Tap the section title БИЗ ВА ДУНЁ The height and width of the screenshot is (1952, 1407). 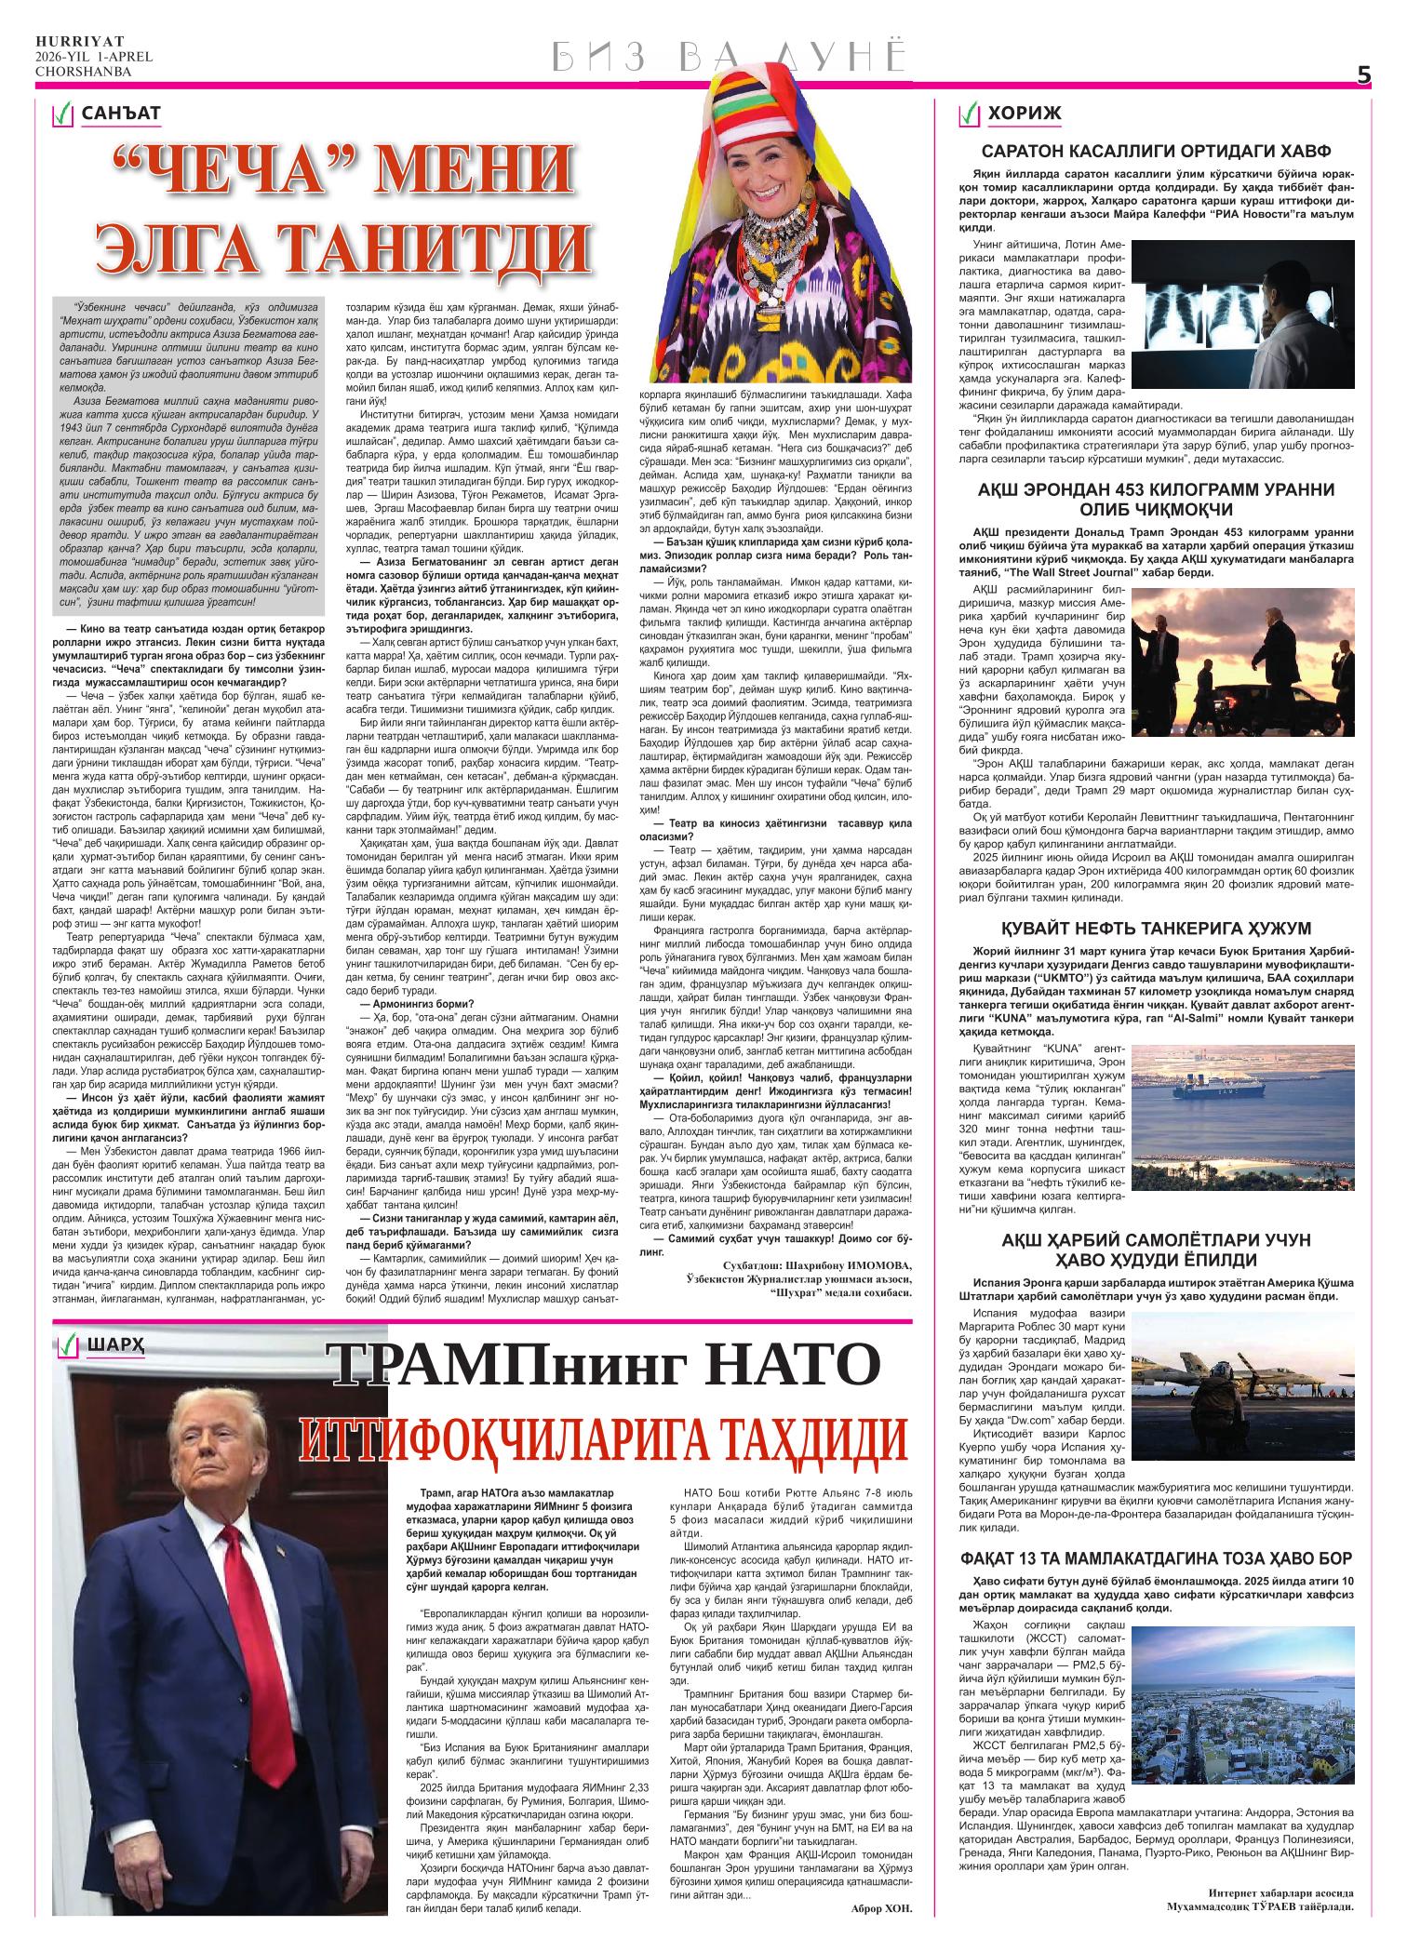point(728,57)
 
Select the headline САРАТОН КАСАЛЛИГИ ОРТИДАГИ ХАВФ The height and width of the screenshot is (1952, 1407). point(1157,151)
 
